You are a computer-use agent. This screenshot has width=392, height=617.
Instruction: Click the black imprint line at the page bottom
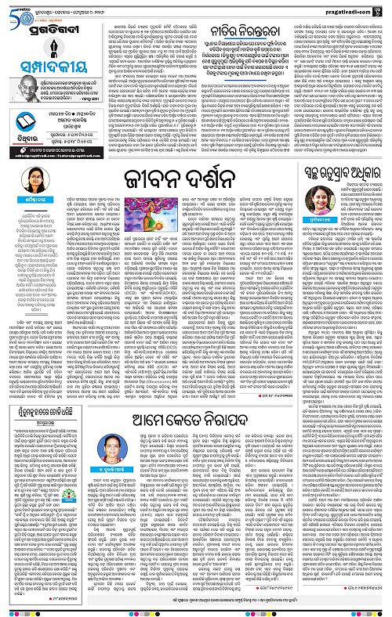[196, 610]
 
